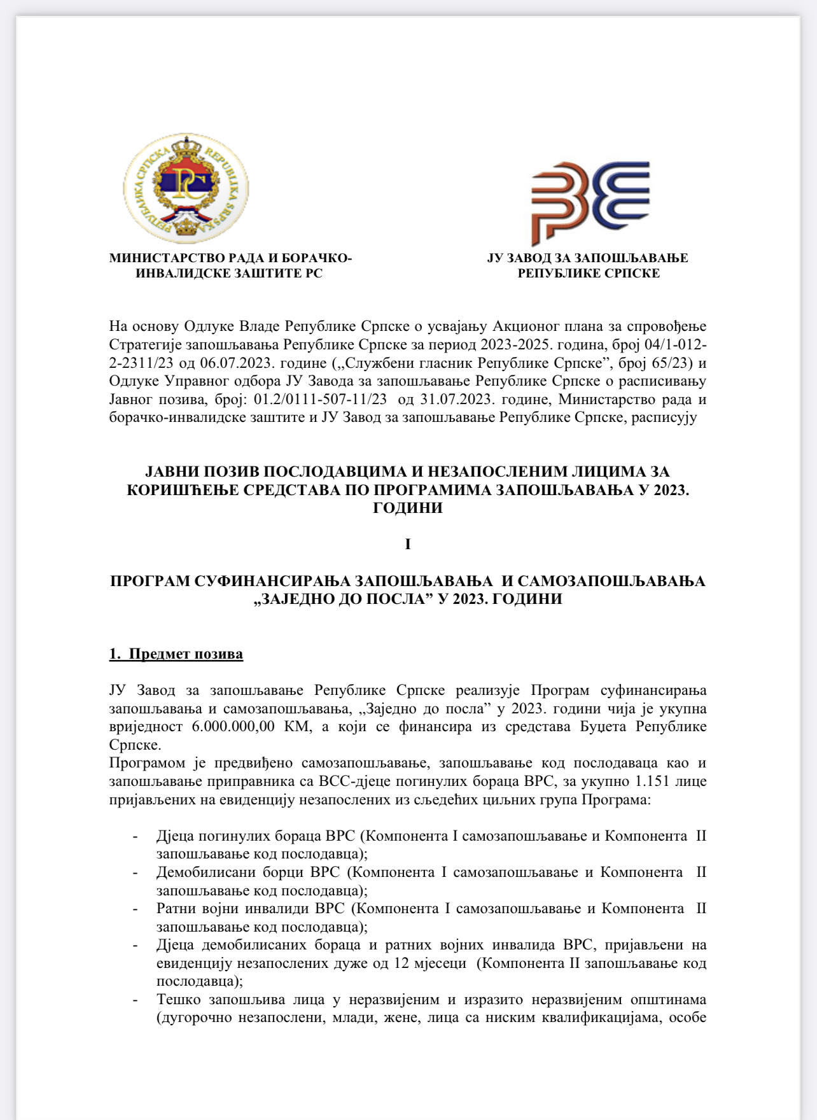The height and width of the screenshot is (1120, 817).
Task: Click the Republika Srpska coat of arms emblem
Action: point(186,188)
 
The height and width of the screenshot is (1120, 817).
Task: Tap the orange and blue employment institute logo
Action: point(590,201)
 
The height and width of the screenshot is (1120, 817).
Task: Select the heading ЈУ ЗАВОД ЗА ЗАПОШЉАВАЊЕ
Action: point(587,258)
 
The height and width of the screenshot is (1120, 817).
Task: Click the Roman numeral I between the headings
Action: point(408,545)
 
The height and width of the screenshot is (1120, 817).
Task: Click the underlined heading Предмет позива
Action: point(186,654)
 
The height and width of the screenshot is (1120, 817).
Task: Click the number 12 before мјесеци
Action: point(401,963)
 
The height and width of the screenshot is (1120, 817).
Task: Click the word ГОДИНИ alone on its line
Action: point(408,508)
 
